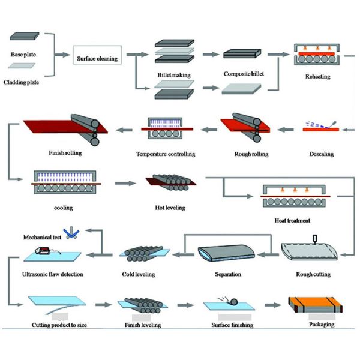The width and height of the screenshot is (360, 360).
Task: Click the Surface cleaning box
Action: (x=97, y=59)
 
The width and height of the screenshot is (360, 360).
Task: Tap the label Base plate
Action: (x=22, y=55)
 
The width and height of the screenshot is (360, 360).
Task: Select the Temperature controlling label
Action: (x=166, y=154)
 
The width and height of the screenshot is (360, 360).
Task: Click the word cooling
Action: (x=63, y=208)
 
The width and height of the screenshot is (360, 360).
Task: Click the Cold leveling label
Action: (x=138, y=274)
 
